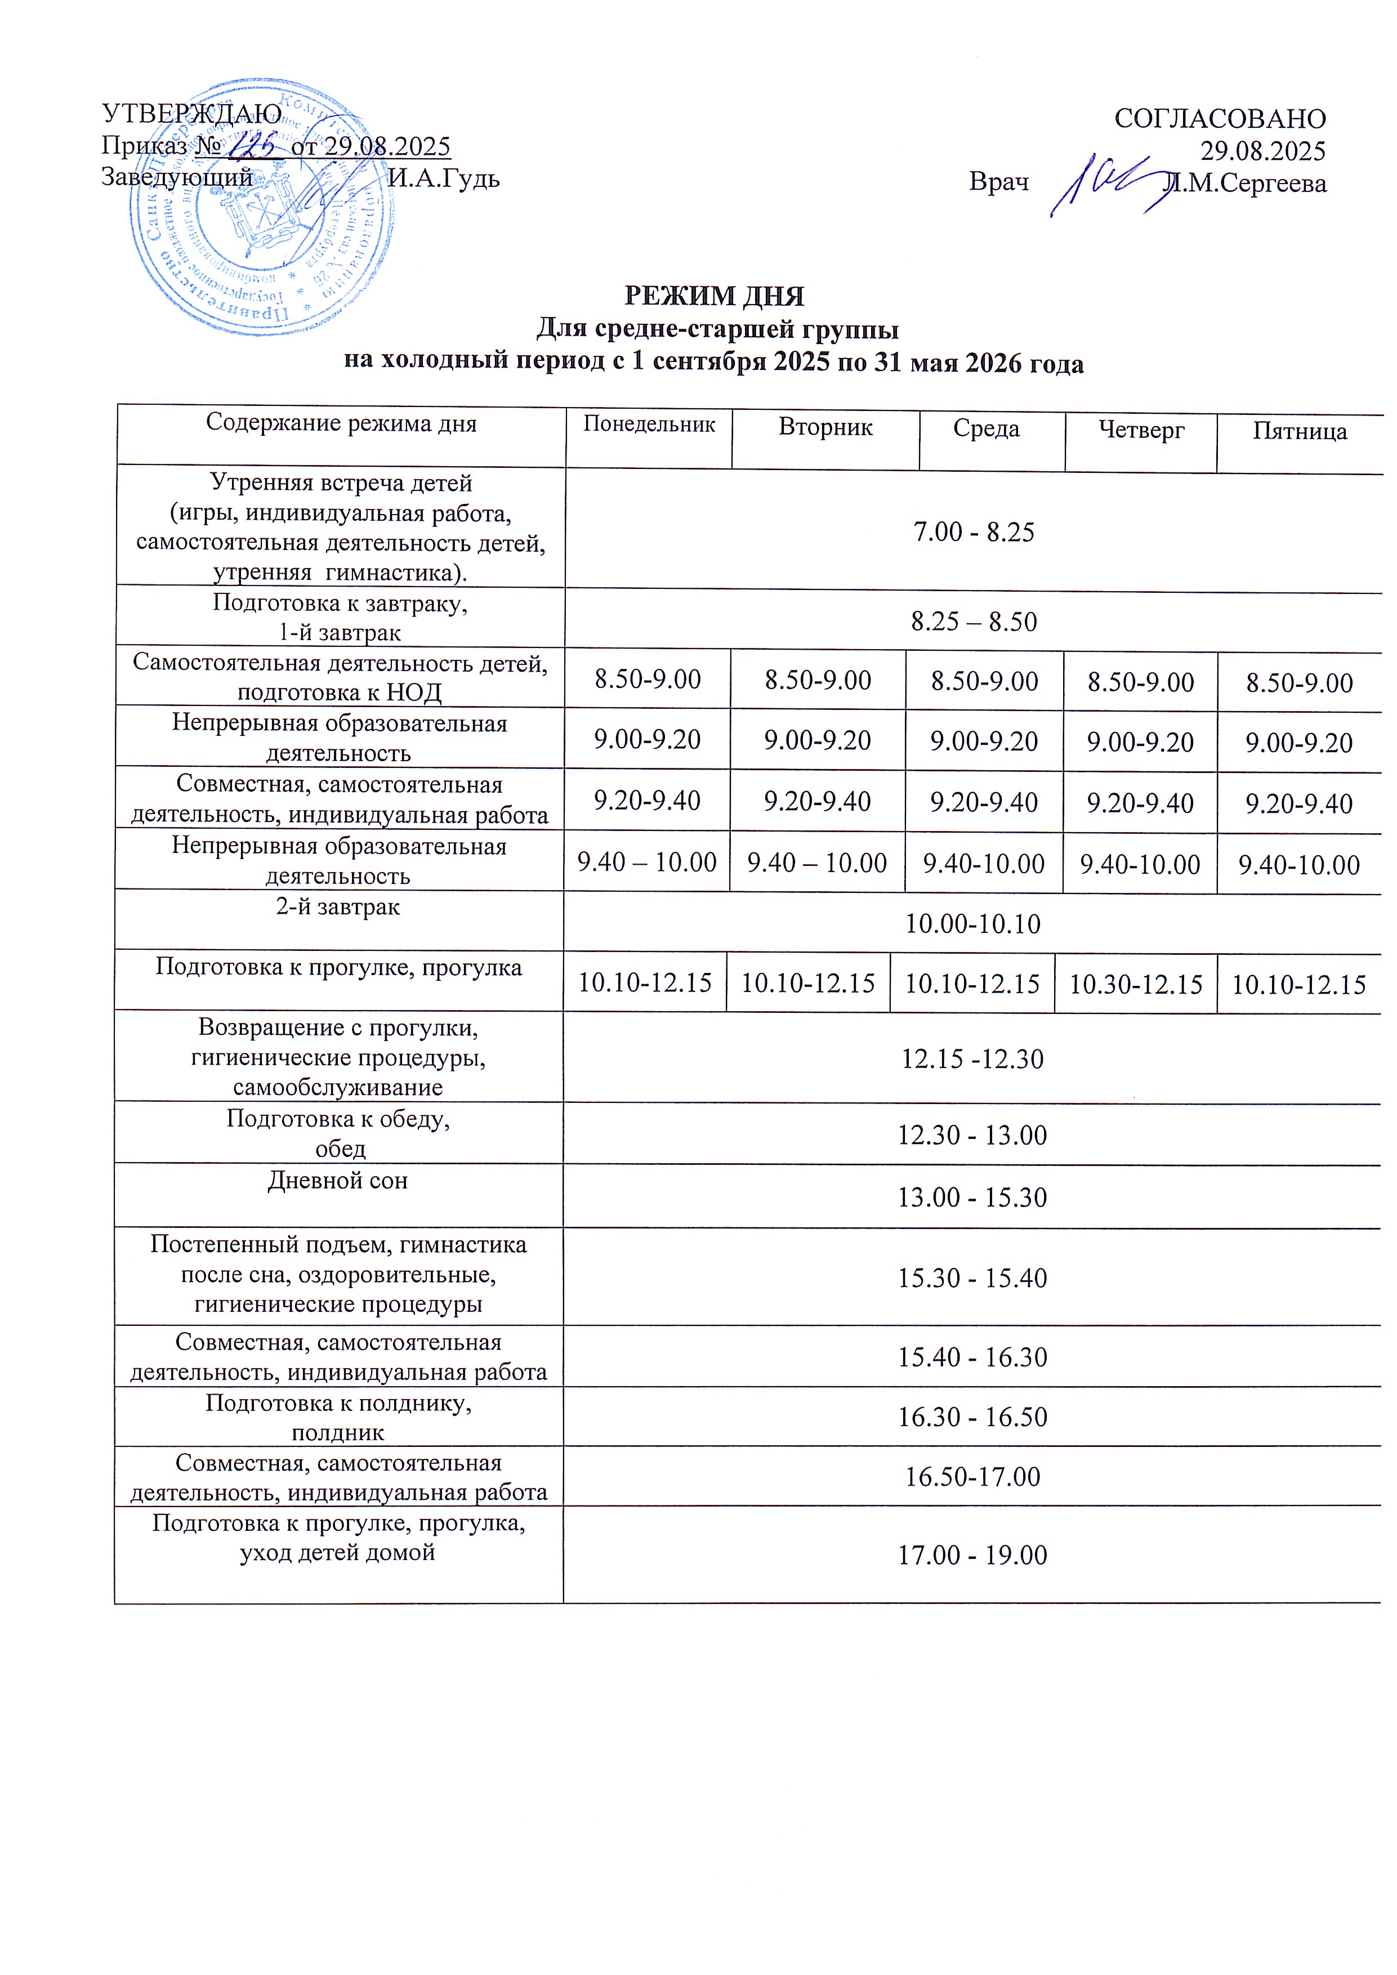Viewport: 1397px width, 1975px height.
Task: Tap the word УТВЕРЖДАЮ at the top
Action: (x=191, y=114)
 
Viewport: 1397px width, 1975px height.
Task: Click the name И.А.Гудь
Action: (x=443, y=178)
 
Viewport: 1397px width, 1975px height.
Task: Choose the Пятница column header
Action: (x=1299, y=430)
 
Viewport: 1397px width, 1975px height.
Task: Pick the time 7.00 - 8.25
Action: (x=973, y=531)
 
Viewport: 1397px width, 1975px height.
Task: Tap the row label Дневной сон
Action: (x=337, y=1180)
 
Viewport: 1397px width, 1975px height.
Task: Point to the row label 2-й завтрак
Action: (x=337, y=906)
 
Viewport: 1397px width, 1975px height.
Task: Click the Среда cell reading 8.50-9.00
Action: (x=984, y=681)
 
